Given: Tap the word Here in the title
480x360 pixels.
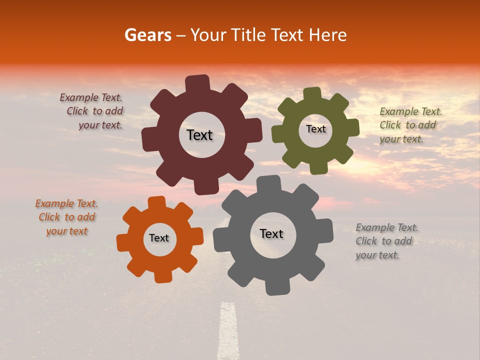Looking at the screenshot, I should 327,35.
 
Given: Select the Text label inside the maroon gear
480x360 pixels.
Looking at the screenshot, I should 199,135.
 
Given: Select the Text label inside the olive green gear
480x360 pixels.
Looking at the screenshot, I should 315,129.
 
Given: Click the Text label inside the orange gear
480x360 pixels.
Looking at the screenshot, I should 159,238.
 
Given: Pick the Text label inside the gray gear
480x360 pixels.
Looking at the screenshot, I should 271,233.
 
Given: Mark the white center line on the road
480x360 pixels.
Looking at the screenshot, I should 228,330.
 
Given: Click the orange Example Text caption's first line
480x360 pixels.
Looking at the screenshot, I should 66,203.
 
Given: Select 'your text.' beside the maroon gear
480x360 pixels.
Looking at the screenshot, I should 100,125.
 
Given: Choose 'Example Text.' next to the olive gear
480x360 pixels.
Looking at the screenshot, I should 411,111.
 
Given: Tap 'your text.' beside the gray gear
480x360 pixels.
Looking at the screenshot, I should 377,255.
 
